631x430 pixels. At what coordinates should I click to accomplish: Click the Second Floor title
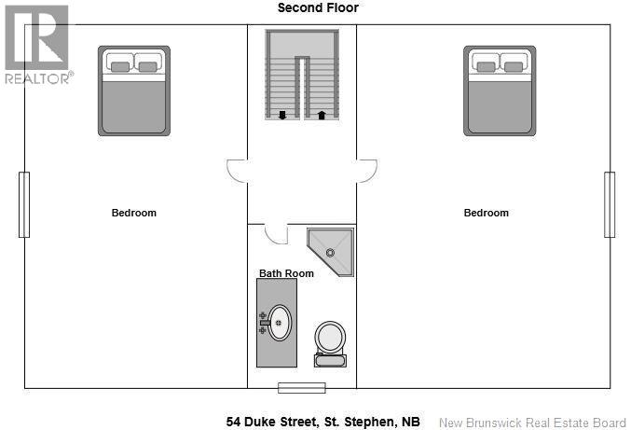[318, 8]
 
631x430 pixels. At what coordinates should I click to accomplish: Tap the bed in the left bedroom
[134, 90]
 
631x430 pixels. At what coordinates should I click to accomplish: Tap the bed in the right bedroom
[501, 90]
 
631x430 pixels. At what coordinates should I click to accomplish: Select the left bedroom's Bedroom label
[134, 213]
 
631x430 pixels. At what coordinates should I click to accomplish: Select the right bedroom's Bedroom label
[487, 213]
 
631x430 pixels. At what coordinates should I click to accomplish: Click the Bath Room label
[286, 273]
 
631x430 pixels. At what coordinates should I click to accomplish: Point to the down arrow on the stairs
[282, 115]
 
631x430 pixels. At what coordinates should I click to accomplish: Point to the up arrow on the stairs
[322, 115]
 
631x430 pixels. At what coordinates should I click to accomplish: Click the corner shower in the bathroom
[333, 249]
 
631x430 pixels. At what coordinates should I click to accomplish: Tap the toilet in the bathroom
[329, 342]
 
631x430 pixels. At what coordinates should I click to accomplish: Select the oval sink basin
[279, 324]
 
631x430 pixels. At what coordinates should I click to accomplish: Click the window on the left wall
[24, 204]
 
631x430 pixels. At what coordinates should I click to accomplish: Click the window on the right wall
[610, 204]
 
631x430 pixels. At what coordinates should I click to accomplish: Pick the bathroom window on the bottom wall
[301, 387]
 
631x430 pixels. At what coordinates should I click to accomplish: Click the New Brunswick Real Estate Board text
[532, 422]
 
